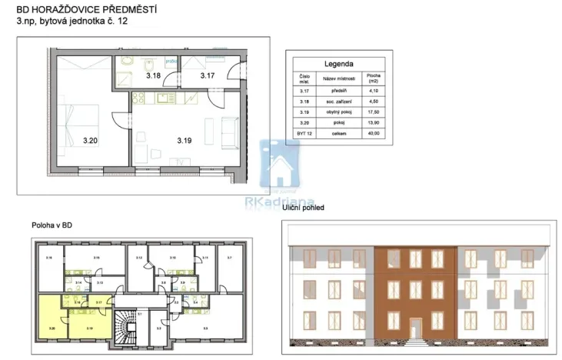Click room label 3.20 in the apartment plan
(x=90, y=141)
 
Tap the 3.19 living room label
(x=183, y=140)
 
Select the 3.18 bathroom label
(x=153, y=75)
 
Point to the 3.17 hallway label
(x=207, y=75)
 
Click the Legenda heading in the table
(x=339, y=64)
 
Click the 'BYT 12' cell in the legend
(x=304, y=133)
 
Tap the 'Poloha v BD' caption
(x=52, y=225)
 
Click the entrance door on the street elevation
(x=416, y=328)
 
